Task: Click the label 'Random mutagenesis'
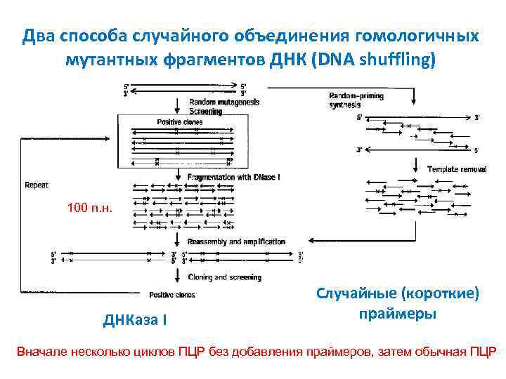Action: (x=224, y=102)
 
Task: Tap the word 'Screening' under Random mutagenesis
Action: (x=205, y=111)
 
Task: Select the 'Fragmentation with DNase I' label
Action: (x=233, y=178)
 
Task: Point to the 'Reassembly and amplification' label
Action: (x=236, y=241)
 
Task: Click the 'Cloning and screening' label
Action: (x=224, y=277)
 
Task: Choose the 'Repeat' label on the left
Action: (x=37, y=185)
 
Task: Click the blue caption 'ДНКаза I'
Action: (x=135, y=321)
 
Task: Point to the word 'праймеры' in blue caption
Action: (x=397, y=314)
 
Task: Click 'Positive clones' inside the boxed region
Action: (x=179, y=122)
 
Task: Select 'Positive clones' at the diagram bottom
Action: (x=172, y=295)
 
